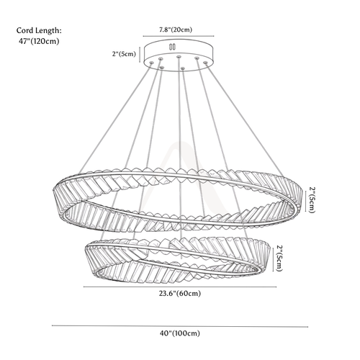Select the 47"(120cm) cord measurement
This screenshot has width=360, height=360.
(39, 41)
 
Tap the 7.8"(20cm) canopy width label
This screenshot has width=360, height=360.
(176, 30)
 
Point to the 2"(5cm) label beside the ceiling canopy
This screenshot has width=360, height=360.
(124, 54)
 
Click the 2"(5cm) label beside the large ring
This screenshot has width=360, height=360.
(312, 199)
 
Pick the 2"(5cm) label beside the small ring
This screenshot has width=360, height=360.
(279, 258)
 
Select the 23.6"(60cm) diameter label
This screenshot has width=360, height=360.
(180, 293)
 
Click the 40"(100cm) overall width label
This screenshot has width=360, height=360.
(180, 333)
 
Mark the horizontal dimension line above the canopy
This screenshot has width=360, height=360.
(179, 36)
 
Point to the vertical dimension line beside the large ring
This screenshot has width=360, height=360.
(305, 201)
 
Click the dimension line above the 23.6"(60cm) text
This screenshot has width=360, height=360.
(180, 287)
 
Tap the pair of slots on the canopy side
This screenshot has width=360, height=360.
(172, 47)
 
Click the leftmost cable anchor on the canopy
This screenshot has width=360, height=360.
(151, 63)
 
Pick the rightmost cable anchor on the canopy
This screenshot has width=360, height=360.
(205, 63)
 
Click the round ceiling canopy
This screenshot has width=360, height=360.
(179, 56)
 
